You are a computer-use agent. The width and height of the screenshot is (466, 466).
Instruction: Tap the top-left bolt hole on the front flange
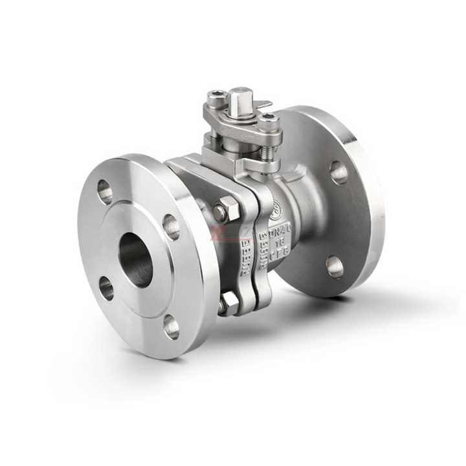104,192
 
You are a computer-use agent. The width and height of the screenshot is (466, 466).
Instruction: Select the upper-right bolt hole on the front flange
171,227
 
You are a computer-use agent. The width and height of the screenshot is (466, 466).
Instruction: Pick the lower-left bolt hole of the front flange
106,288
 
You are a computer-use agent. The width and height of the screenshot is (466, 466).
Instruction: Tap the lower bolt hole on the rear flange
335,266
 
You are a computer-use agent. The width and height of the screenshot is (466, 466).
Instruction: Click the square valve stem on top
240,96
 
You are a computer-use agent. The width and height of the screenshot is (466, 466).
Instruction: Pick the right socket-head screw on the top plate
269,120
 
